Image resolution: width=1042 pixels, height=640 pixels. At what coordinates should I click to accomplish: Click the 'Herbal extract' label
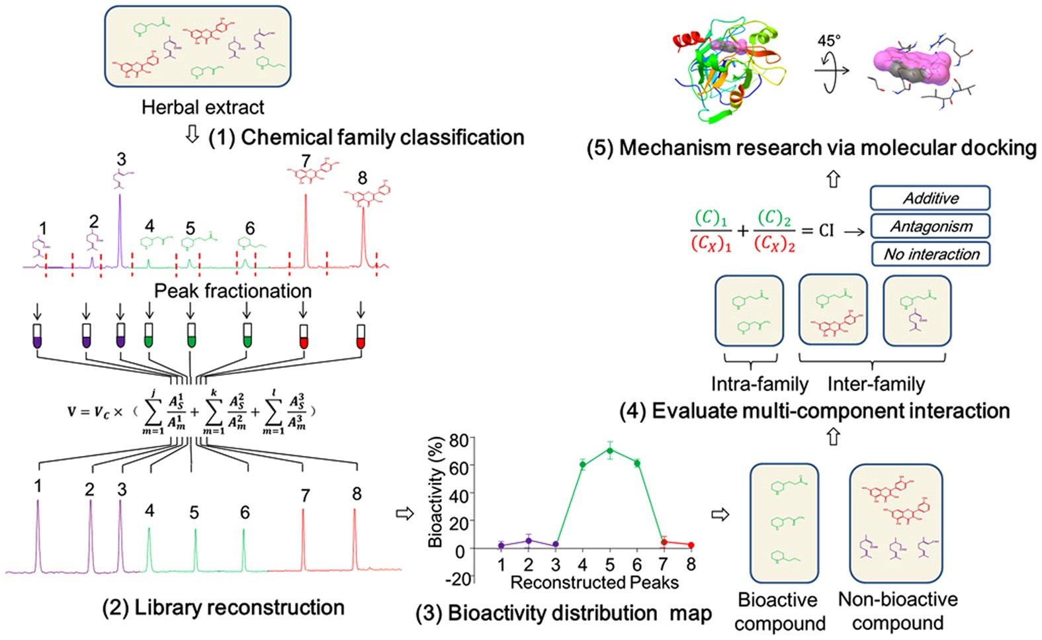coord(202,107)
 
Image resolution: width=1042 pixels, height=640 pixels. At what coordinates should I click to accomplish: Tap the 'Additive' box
coord(930,198)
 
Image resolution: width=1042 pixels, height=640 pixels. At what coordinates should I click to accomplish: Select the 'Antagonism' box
coord(930,226)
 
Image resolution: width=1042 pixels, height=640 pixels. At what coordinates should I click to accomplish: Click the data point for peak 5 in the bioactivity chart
coord(609,451)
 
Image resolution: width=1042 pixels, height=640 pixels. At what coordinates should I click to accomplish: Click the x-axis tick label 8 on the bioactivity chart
coord(691,565)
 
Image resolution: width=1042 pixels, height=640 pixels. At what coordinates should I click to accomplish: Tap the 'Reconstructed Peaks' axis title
coord(594,582)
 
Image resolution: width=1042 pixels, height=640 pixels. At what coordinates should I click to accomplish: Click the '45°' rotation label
coord(828,41)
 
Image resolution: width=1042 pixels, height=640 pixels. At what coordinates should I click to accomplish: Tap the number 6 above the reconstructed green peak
coord(245,513)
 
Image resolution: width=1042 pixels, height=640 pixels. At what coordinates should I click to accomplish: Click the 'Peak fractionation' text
coord(232,291)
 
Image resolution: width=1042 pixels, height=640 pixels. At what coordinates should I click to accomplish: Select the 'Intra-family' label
coord(760,384)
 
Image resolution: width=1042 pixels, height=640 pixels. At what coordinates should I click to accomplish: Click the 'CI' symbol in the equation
coord(826,231)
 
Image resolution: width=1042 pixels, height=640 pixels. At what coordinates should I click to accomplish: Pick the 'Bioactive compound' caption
coord(779,612)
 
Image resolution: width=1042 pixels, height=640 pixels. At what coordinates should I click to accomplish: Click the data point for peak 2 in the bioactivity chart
coord(528,541)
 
